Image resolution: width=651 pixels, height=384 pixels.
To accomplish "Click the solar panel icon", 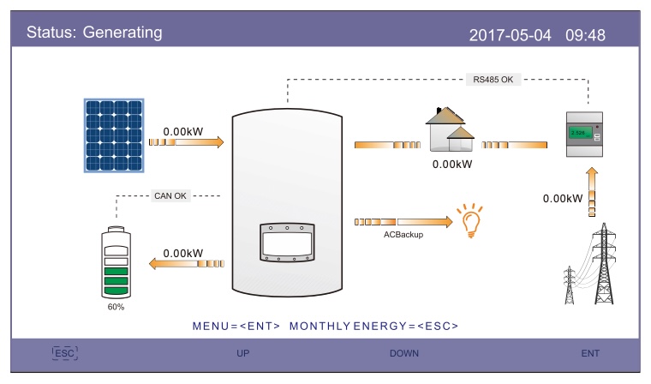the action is point(114,135).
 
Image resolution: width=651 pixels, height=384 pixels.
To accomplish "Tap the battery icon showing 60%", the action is point(116,262).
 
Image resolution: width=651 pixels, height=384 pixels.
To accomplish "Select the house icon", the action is point(450,129).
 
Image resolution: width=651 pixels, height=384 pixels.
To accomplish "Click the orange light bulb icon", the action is point(470,220).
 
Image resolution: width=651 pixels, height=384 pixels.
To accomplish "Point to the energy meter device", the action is point(584,134).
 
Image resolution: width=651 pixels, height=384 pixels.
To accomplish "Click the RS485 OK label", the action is point(493,80).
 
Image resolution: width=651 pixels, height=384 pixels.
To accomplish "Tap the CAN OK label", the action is point(170,195).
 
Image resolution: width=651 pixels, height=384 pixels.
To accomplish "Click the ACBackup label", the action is point(403,234).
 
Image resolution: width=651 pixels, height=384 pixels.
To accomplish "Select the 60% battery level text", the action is point(116,307).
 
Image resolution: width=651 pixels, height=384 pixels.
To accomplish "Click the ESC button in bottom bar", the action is point(65,353).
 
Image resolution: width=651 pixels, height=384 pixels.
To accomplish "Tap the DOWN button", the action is point(404,353).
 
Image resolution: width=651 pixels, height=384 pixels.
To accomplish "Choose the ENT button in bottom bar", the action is point(590,353).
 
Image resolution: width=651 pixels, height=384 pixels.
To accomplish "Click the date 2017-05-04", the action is point(510,35).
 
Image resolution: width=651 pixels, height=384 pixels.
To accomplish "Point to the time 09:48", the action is point(585,35).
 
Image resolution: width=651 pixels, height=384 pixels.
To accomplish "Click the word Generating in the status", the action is point(122,33).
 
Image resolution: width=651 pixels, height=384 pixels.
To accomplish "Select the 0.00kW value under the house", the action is point(452,165).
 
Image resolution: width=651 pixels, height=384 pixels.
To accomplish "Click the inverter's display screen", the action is point(287,243).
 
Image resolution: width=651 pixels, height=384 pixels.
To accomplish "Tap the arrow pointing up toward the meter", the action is point(592,192).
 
